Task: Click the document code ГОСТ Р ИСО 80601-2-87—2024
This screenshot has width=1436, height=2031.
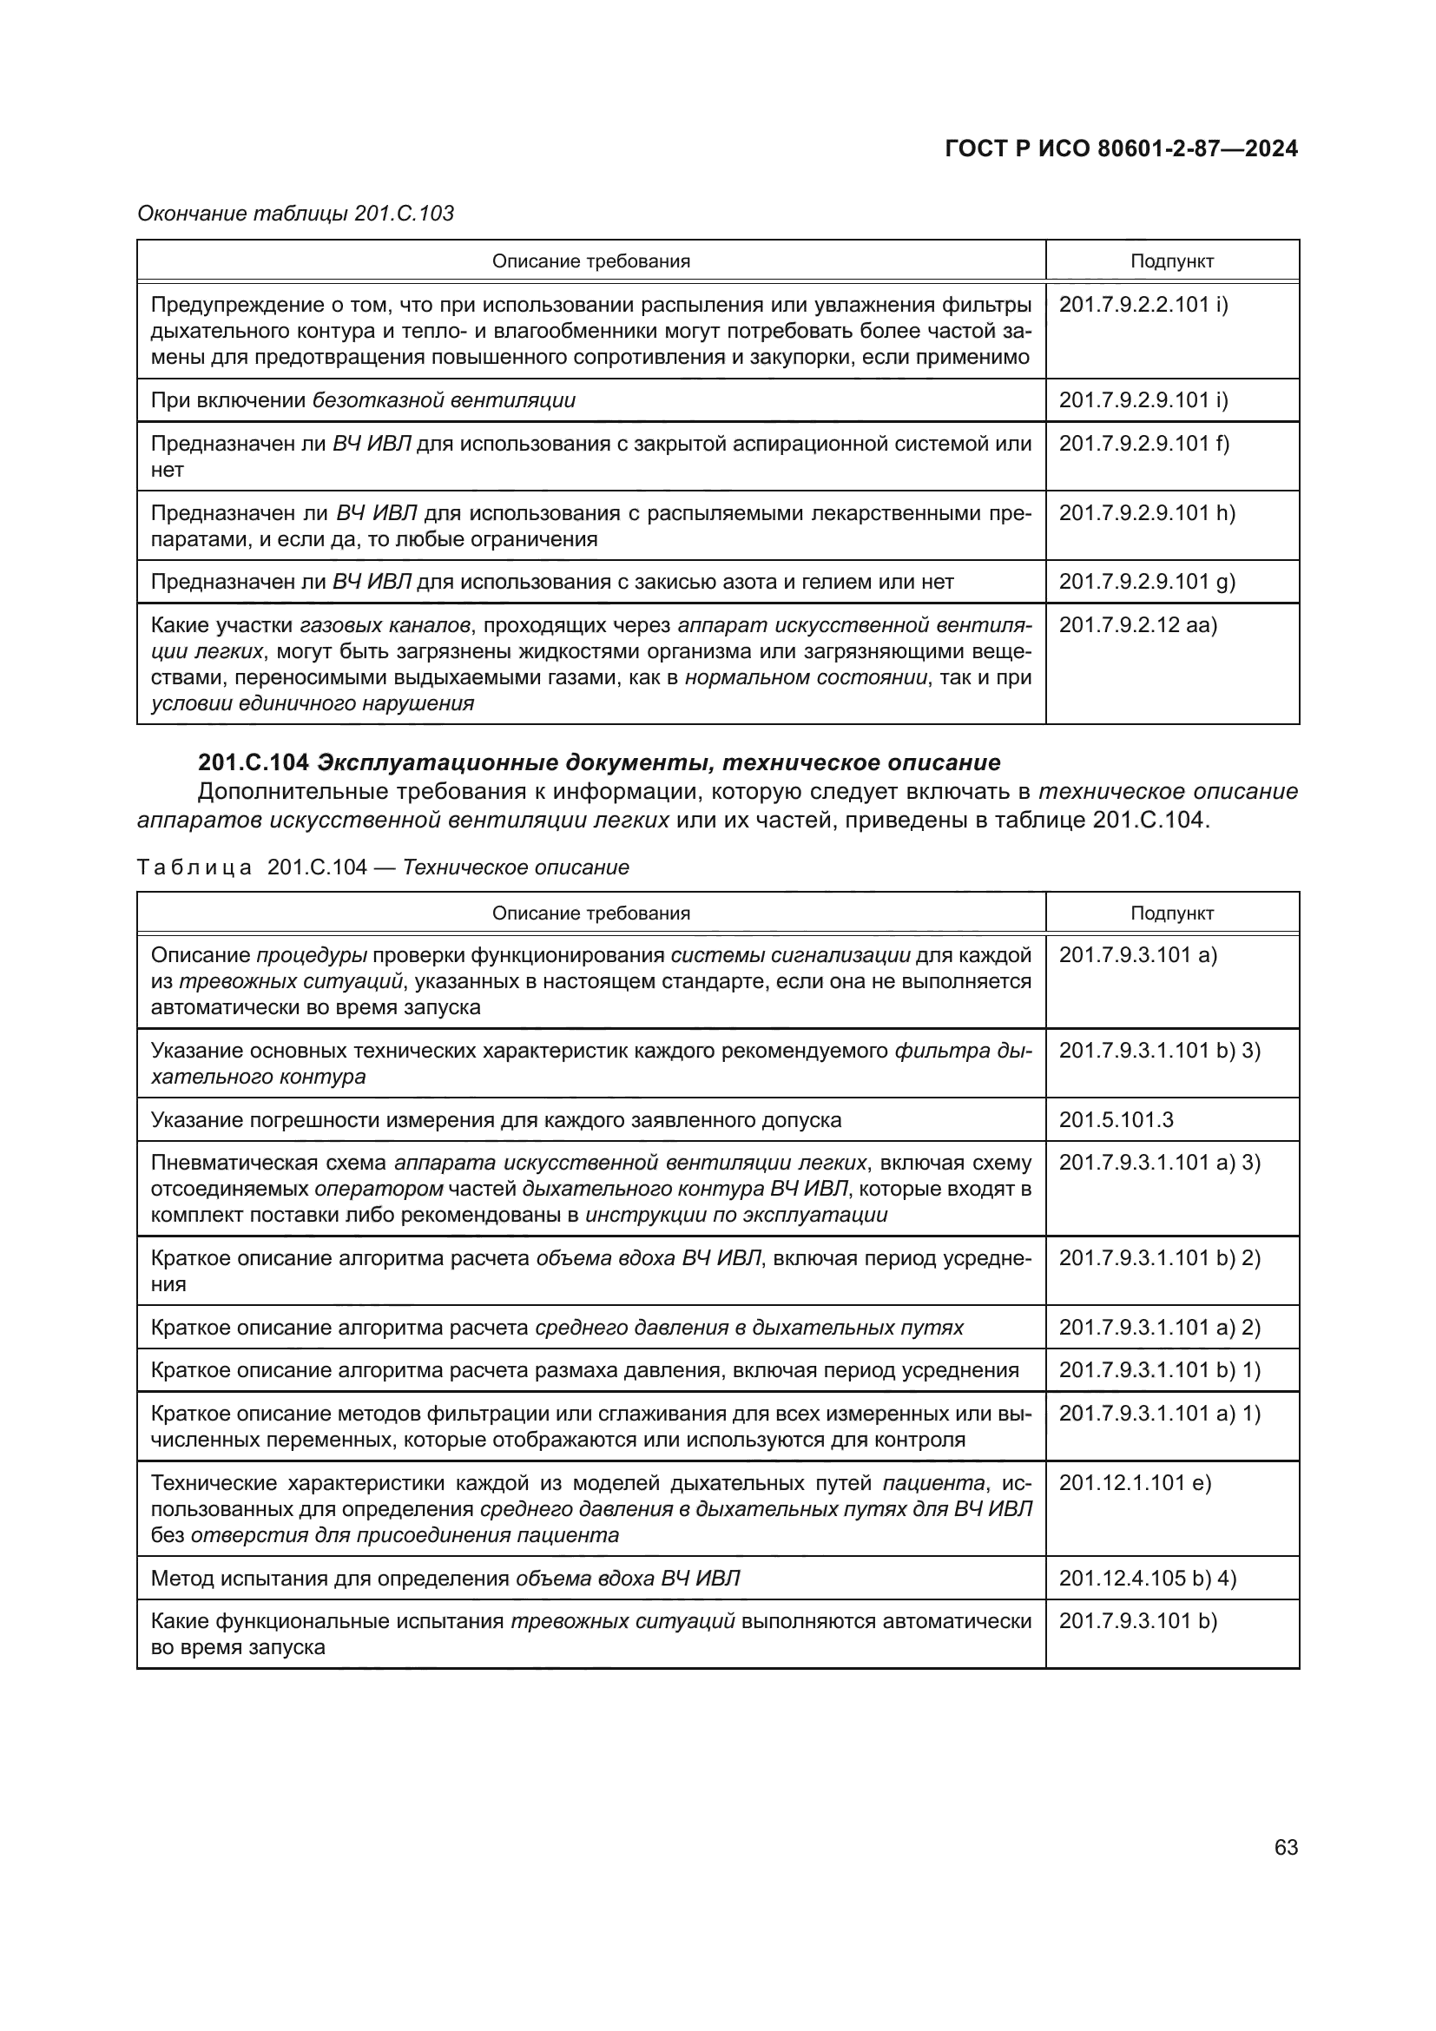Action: click(x=1120, y=148)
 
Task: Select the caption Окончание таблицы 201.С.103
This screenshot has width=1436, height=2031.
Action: click(x=295, y=214)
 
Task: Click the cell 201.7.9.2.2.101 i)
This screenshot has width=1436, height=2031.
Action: click(x=1143, y=305)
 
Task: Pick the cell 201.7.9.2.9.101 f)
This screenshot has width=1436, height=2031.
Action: click(x=1143, y=443)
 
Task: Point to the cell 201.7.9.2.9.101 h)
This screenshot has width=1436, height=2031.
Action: click(x=1147, y=513)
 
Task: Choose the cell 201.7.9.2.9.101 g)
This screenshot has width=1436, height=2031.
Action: click(x=1147, y=582)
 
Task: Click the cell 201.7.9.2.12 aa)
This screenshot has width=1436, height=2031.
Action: click(x=1137, y=625)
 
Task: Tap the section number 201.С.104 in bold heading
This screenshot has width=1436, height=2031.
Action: click(x=253, y=762)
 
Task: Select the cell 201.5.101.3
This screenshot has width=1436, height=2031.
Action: click(x=1116, y=1120)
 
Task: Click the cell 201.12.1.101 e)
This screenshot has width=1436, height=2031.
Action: click(x=1135, y=1482)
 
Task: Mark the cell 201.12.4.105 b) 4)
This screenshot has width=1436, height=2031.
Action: click(x=1147, y=1578)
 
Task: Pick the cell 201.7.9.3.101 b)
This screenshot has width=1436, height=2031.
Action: click(x=1138, y=1621)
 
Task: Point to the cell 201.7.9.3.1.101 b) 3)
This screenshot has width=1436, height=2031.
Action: click(x=1159, y=1051)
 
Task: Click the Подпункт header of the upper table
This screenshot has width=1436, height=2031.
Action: click(x=1171, y=262)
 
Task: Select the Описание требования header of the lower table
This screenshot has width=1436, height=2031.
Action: click(x=590, y=913)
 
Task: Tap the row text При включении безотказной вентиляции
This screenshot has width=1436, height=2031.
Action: click(x=363, y=400)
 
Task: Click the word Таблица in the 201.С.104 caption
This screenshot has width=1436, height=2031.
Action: click(x=194, y=867)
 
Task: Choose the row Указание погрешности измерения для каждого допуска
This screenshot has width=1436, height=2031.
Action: click(x=495, y=1120)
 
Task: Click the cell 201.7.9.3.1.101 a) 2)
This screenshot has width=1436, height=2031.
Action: click(x=1159, y=1328)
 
